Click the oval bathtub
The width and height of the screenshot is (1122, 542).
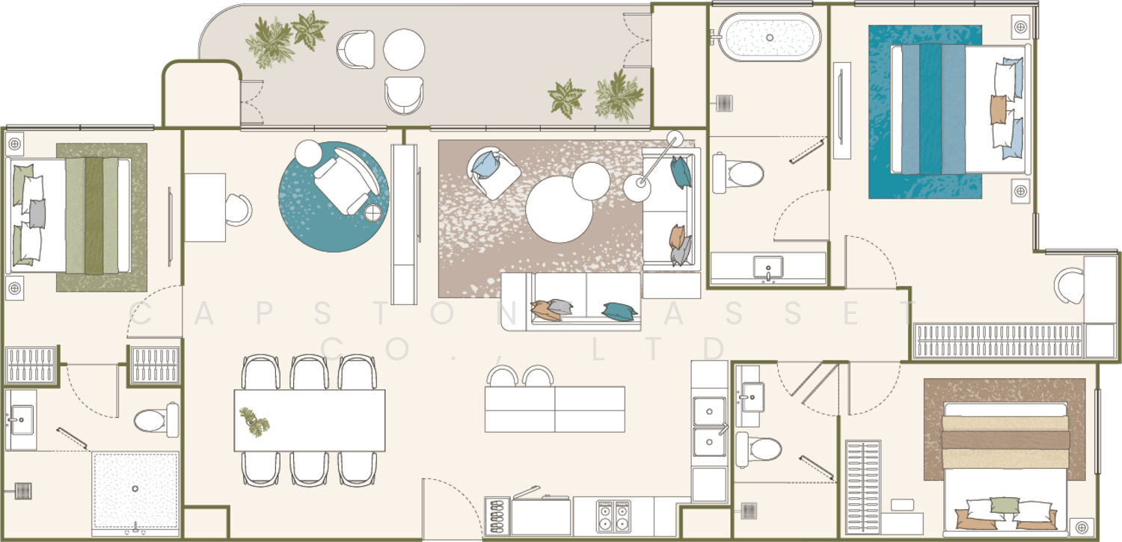click(x=770, y=37)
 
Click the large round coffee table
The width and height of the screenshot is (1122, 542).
click(x=559, y=209)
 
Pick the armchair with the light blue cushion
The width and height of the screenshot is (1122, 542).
click(x=493, y=172)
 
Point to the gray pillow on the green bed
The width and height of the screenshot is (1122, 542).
click(x=37, y=214)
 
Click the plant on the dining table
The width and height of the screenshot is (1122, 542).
click(x=254, y=422)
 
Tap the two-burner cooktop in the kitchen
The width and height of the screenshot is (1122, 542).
click(x=613, y=516)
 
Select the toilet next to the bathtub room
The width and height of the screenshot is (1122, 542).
click(x=738, y=173)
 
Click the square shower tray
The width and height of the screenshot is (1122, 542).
click(x=135, y=490)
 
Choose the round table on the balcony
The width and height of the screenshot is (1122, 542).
click(x=404, y=49)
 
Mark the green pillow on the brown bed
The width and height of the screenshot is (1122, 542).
click(x=1005, y=509)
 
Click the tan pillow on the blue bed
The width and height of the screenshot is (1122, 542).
click(x=999, y=110)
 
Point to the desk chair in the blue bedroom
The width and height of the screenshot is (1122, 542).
click(x=1069, y=286)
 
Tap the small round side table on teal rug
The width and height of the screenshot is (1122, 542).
click(x=373, y=213)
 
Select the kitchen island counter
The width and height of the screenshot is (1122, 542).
click(x=555, y=410)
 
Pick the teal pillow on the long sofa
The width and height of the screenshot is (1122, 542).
click(x=619, y=311)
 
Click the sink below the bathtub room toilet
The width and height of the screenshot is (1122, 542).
click(x=768, y=269)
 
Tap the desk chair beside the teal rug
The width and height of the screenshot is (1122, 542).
click(x=239, y=209)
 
